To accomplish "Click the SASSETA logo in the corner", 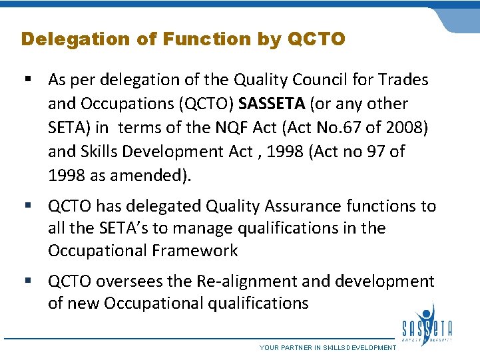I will click(x=427, y=325).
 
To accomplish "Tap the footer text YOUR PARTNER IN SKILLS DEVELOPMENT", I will click(x=327, y=347).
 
